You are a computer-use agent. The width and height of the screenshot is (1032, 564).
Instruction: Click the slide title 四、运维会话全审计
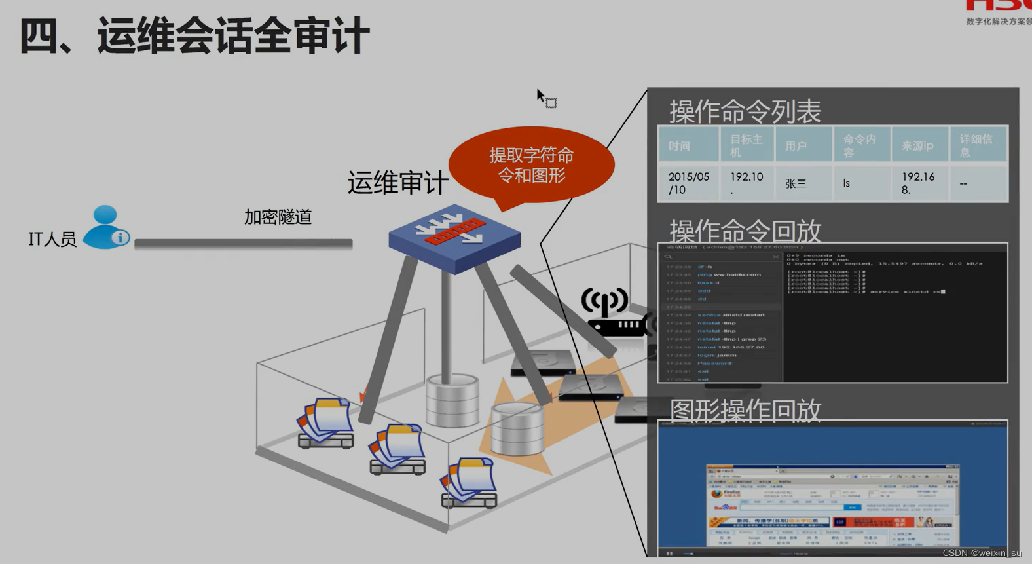click(x=194, y=36)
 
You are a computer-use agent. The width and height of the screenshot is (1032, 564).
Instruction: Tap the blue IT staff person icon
click(x=105, y=227)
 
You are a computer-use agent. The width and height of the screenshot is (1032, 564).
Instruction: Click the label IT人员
click(x=52, y=239)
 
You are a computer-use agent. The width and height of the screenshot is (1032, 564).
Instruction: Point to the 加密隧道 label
click(x=278, y=217)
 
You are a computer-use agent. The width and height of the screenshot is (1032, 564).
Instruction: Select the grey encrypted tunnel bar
click(x=243, y=244)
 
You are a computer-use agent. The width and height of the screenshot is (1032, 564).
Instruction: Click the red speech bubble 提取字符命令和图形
click(x=531, y=165)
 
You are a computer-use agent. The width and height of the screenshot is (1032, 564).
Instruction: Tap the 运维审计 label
click(x=397, y=183)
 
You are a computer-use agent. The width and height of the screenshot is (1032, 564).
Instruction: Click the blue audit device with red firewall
click(x=454, y=237)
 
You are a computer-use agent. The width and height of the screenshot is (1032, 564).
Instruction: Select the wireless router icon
click(x=612, y=313)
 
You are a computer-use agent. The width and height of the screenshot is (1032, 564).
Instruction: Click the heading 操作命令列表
click(x=745, y=111)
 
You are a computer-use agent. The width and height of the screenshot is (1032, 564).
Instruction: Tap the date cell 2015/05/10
click(x=688, y=183)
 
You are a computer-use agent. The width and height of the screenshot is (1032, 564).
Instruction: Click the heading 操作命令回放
click(x=745, y=231)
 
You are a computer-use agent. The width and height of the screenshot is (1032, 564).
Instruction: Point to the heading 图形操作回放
click(x=745, y=410)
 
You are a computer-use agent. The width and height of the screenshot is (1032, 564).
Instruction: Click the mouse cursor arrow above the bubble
click(x=541, y=96)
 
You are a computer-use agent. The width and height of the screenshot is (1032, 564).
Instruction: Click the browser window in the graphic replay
click(x=832, y=504)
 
